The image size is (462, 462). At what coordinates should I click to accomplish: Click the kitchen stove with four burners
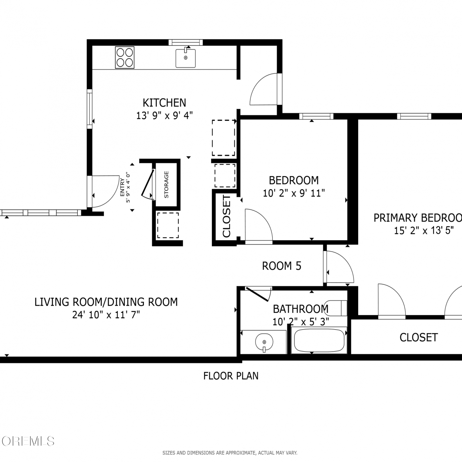125,57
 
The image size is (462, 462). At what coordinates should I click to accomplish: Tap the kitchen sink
185,58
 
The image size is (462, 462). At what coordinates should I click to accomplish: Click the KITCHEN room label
164,103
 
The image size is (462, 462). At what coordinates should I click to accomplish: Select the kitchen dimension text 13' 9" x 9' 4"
164,115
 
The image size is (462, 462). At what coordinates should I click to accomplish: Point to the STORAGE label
166,184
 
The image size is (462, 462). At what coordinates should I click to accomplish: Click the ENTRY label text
122,187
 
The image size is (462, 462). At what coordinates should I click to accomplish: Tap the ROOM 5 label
282,266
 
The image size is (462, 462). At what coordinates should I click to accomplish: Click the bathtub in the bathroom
319,340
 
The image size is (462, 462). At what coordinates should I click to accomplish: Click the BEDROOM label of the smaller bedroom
294,180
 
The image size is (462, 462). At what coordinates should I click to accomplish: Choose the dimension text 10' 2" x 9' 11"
294,193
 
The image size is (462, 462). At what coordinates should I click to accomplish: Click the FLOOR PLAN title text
231,376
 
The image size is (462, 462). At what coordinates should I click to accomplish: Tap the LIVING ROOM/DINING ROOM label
106,302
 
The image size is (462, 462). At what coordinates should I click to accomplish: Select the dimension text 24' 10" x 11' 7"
106,315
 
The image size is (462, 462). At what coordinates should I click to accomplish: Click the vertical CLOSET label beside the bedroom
226,216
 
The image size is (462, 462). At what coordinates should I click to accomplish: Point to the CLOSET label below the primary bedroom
419,338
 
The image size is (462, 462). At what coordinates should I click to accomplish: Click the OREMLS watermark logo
28,441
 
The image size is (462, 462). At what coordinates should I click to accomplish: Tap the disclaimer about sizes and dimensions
230,453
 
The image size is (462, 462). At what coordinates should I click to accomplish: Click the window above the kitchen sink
185,42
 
